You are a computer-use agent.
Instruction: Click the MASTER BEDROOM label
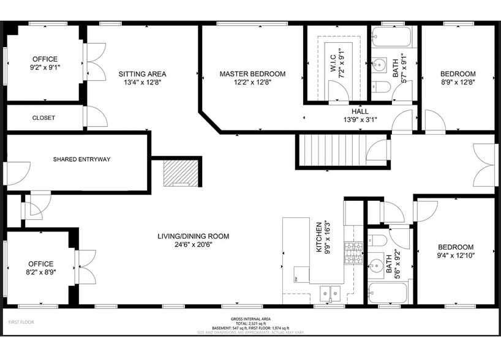pos(252,74)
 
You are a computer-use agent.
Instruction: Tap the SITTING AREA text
pos(142,74)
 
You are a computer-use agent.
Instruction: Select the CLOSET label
pos(43,118)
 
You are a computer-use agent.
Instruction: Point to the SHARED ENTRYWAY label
pos(81,160)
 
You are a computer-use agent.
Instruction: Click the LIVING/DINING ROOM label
pos(193,236)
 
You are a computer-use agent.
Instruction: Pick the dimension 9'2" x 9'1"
pos(46,68)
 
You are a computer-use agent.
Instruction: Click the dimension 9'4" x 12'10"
pos(456,255)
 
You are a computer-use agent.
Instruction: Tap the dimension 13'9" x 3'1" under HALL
pos(360,120)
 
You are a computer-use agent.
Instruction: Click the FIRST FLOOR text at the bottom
pos(21,321)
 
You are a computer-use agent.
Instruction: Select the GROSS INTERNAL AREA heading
pos(250,319)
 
